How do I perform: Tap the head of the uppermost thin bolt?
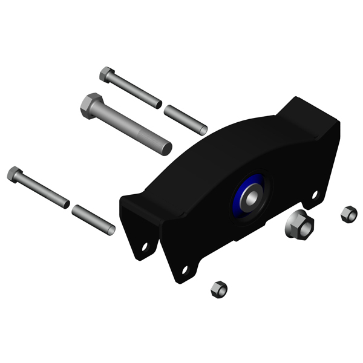coord(107,74)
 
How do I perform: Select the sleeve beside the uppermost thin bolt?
coord(186,120)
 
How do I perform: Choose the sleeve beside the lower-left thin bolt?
coord(93,219)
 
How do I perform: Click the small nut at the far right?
coord(348,214)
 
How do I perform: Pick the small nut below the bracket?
coord(218,289)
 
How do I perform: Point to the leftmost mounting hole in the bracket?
coord(145,246)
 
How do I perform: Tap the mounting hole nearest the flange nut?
coord(314,195)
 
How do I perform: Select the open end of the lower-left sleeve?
coord(111,230)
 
